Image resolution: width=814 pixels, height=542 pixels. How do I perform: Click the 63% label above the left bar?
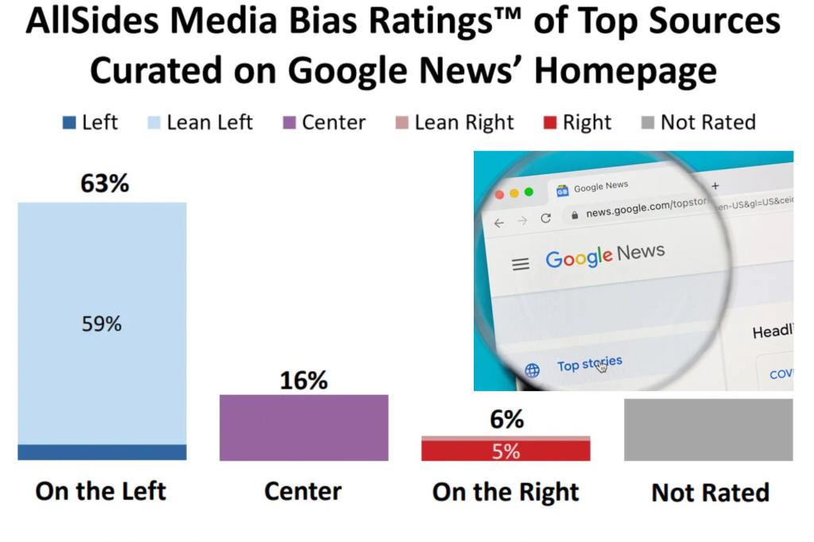(x=104, y=184)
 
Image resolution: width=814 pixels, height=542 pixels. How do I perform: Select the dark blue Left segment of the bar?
(x=102, y=452)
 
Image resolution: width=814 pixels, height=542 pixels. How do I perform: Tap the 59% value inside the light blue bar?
(x=102, y=324)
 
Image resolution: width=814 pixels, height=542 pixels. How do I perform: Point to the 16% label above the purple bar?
(x=304, y=381)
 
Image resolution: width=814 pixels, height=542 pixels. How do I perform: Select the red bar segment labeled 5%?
(x=506, y=451)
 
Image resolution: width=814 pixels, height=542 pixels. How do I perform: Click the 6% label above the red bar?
(x=506, y=419)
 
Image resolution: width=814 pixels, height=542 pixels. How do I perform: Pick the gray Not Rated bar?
(x=707, y=429)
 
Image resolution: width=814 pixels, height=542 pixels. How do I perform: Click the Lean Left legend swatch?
(x=153, y=122)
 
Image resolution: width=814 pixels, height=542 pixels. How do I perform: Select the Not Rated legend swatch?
(x=647, y=122)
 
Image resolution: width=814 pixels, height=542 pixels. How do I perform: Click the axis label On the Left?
(x=102, y=491)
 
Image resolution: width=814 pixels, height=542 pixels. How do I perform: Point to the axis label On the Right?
(x=506, y=492)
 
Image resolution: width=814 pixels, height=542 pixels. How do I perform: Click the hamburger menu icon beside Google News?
(x=521, y=264)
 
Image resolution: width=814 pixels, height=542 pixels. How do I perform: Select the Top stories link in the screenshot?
(x=589, y=365)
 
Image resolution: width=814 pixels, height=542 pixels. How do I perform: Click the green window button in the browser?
(x=529, y=192)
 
